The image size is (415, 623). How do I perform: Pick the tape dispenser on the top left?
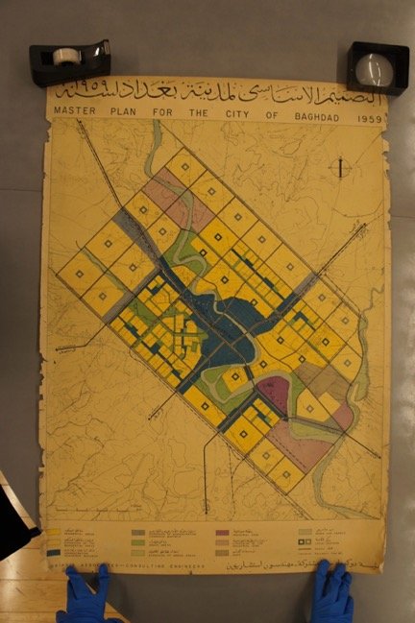(68, 60)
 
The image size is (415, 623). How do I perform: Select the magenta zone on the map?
(274, 395)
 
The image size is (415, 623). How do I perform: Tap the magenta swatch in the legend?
(222, 532)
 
